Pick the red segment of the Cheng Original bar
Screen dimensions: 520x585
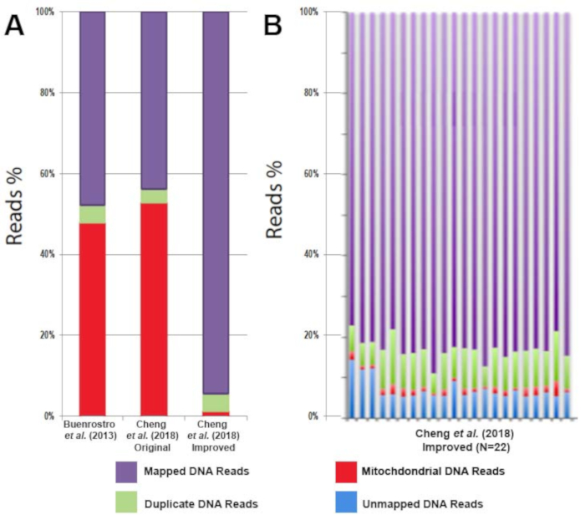(x=143, y=309)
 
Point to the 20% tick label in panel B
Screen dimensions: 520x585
(x=308, y=334)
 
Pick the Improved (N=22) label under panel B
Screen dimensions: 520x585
(x=464, y=446)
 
